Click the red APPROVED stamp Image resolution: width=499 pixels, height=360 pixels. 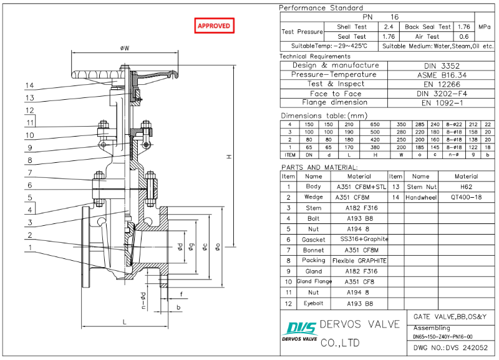click(214, 26)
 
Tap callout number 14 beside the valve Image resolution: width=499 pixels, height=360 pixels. click(29, 85)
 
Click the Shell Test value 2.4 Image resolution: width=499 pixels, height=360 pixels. click(388, 27)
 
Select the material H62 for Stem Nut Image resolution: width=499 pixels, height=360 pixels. click(466, 187)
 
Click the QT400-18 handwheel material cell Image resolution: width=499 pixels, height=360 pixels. click(466, 197)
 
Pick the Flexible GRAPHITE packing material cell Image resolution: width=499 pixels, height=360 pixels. click(359, 260)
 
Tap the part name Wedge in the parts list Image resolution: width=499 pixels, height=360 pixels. click(314, 197)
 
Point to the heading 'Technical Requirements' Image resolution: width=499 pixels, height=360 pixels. click(315, 57)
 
